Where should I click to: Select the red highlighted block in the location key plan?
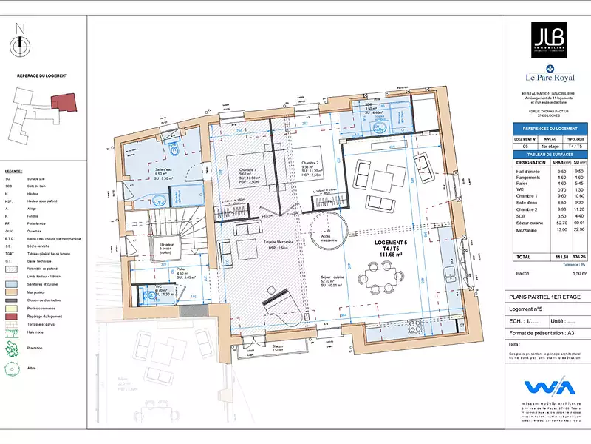(64, 103)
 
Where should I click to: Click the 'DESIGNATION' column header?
(530, 162)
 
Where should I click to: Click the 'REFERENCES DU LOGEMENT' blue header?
(547, 128)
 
